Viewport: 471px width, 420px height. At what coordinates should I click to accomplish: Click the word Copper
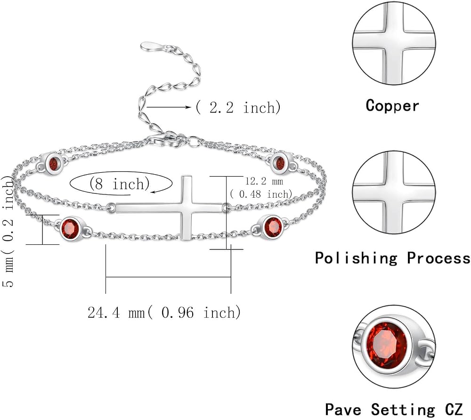pyautogui.click(x=392, y=105)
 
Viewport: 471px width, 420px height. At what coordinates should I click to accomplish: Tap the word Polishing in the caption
pyautogui.click(x=356, y=258)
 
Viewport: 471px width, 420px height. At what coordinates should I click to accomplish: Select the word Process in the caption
pyautogui.click(x=438, y=258)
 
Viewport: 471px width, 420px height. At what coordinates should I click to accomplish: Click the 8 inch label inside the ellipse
pyautogui.click(x=119, y=184)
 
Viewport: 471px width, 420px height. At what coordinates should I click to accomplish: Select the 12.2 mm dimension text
pyautogui.click(x=264, y=181)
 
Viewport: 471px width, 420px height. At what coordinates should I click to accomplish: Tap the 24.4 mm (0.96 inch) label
pyautogui.click(x=164, y=312)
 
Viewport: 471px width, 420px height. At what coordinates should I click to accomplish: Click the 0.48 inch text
pyautogui.click(x=261, y=194)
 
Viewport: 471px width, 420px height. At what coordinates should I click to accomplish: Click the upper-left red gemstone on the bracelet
pyautogui.click(x=54, y=163)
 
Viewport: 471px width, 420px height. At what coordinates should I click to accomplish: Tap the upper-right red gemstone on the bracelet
pyautogui.click(x=280, y=162)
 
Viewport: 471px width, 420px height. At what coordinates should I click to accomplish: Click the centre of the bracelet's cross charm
pyautogui.click(x=187, y=207)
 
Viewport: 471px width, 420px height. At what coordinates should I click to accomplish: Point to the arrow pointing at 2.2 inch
pyautogui.click(x=169, y=107)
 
